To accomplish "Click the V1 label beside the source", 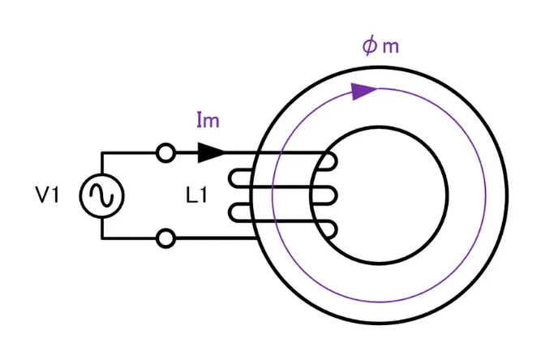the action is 48,195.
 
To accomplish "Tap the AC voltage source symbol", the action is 102,195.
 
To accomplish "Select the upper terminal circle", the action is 165,152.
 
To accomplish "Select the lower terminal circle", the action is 165,238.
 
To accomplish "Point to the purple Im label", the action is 208,120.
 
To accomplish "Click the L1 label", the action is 197,195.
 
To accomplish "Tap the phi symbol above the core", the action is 370,46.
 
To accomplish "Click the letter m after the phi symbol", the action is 391,47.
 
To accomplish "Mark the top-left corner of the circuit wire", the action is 102,152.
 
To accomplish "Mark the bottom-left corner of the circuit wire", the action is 102,238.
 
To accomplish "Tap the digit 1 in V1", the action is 55,195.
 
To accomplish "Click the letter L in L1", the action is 191,195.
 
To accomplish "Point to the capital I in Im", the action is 200,120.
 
